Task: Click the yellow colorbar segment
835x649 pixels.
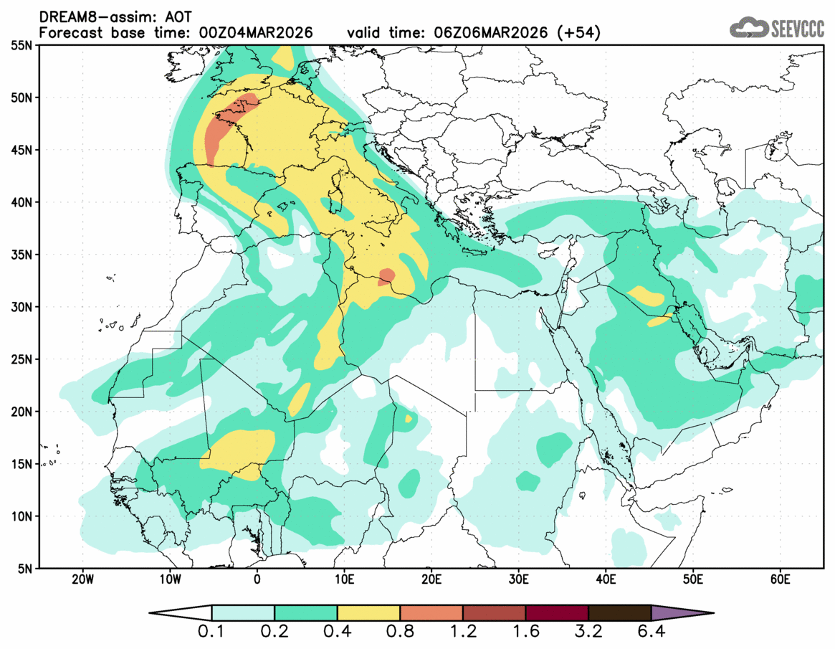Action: (x=368, y=613)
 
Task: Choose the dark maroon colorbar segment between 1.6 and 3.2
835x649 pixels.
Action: (x=557, y=613)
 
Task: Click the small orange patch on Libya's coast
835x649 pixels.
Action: (x=387, y=276)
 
